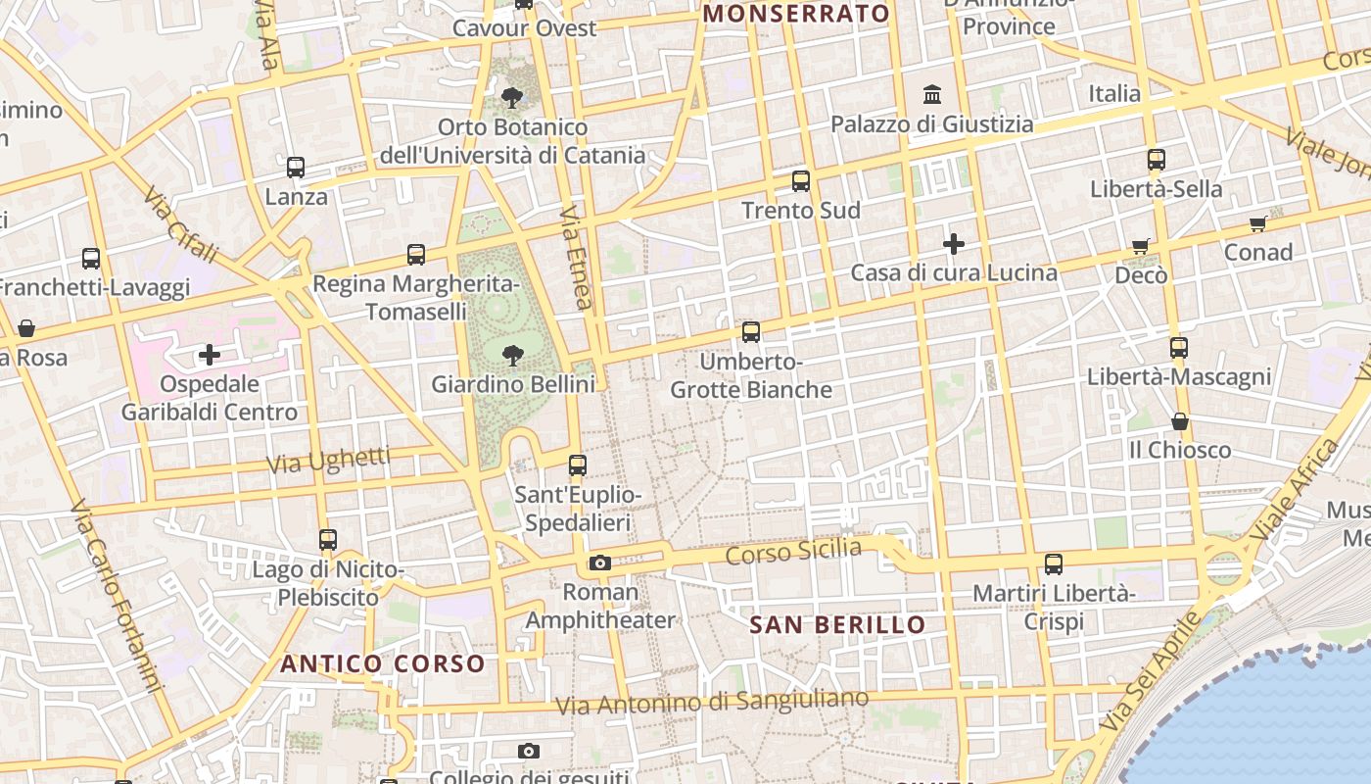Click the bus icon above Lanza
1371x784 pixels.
pos(296,168)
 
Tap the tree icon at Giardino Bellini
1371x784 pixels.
pos(512,355)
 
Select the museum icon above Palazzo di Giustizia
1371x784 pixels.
pos(932,95)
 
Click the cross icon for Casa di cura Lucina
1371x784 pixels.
pos(954,244)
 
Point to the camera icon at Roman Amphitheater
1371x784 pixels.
pos(600,563)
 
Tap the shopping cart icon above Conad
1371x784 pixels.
pos(1258,223)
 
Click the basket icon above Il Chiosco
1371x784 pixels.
pos(1180,421)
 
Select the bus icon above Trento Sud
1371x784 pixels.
pos(801,181)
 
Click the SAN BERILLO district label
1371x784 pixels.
pos(837,624)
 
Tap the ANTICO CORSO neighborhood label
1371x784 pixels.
pos(383,663)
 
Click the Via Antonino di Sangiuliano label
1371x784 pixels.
pos(712,702)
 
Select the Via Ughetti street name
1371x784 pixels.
pos(329,460)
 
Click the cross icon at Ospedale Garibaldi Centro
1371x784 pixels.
pos(210,355)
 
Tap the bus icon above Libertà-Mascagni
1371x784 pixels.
pos(1179,348)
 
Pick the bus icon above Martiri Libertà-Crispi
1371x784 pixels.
pos(1054,564)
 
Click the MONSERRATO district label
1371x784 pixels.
pos(796,14)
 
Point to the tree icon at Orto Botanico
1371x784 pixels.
pos(511,97)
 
